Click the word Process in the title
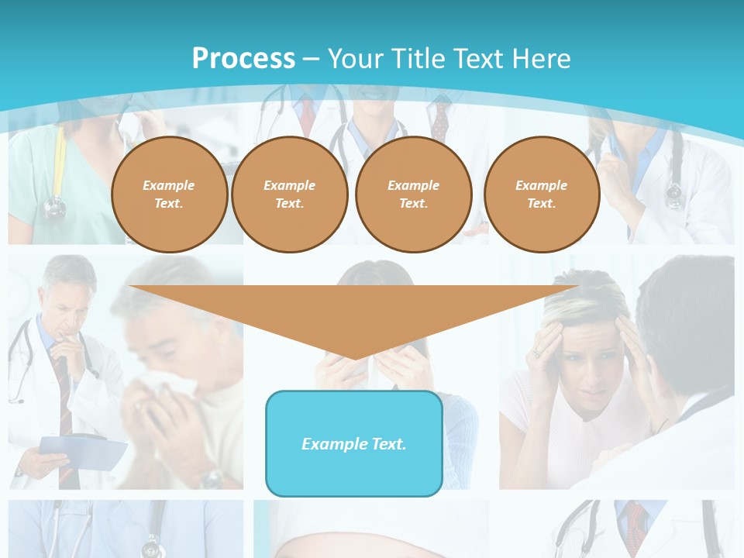pos(243,59)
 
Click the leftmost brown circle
pos(169,194)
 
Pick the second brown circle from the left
pos(289,194)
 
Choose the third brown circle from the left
pos(413,194)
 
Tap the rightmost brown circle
pos(541,194)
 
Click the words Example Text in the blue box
pos(354,444)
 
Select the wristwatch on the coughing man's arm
pos(211,478)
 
